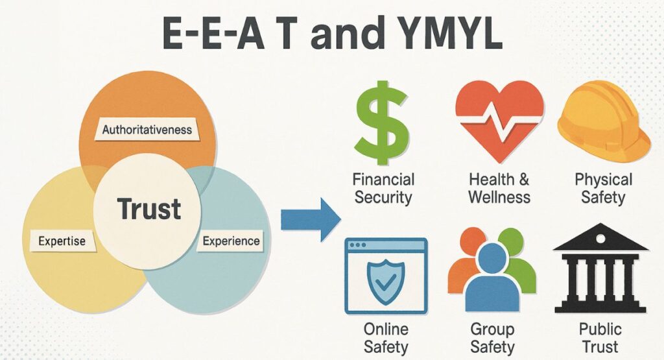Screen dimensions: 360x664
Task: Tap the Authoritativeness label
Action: (x=148, y=130)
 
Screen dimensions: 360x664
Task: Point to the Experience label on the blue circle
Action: (x=231, y=241)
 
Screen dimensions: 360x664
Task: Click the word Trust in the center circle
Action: (x=148, y=209)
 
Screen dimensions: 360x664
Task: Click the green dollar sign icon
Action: (x=381, y=123)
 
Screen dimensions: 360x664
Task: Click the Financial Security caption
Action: (x=383, y=187)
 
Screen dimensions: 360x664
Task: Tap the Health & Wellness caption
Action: (x=499, y=187)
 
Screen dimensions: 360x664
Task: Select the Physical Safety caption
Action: (x=603, y=187)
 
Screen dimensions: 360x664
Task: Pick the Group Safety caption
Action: (x=492, y=337)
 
